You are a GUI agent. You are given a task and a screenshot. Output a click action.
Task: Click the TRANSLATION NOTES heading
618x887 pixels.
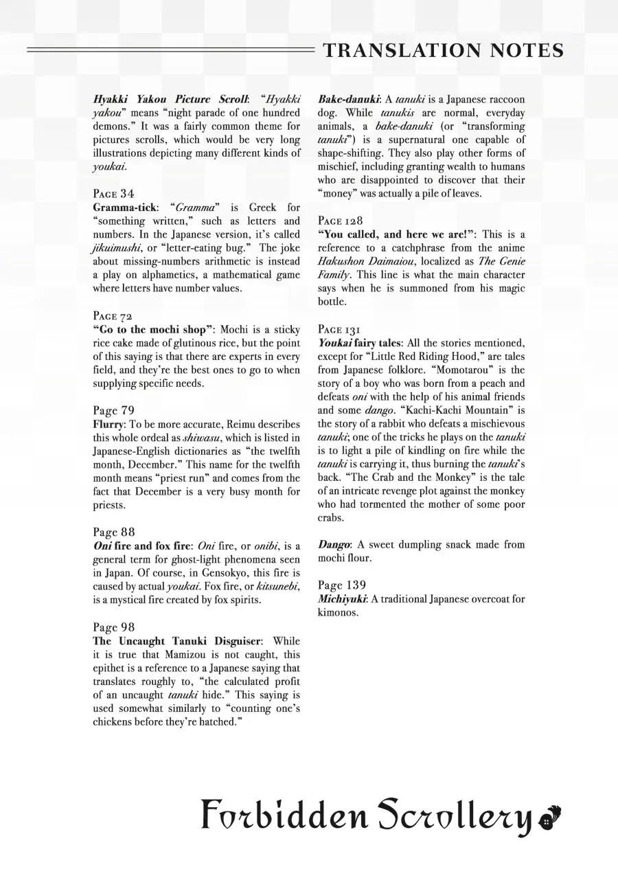(443, 50)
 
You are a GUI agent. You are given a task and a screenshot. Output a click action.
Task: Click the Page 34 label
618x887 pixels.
(113, 194)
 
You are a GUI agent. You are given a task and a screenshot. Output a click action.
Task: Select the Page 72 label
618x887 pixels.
(113, 316)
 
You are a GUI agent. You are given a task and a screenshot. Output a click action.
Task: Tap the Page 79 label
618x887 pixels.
(113, 411)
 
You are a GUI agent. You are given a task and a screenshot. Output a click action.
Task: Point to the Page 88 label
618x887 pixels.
(113, 532)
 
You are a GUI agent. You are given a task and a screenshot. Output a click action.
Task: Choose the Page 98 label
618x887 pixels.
(113, 627)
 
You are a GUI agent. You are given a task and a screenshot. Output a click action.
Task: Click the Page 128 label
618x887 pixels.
(340, 221)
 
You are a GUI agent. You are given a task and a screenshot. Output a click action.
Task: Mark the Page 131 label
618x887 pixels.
(339, 329)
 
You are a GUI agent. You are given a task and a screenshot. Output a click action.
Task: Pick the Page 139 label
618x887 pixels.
(342, 585)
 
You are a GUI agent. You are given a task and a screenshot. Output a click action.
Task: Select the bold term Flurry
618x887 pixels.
(107, 424)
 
